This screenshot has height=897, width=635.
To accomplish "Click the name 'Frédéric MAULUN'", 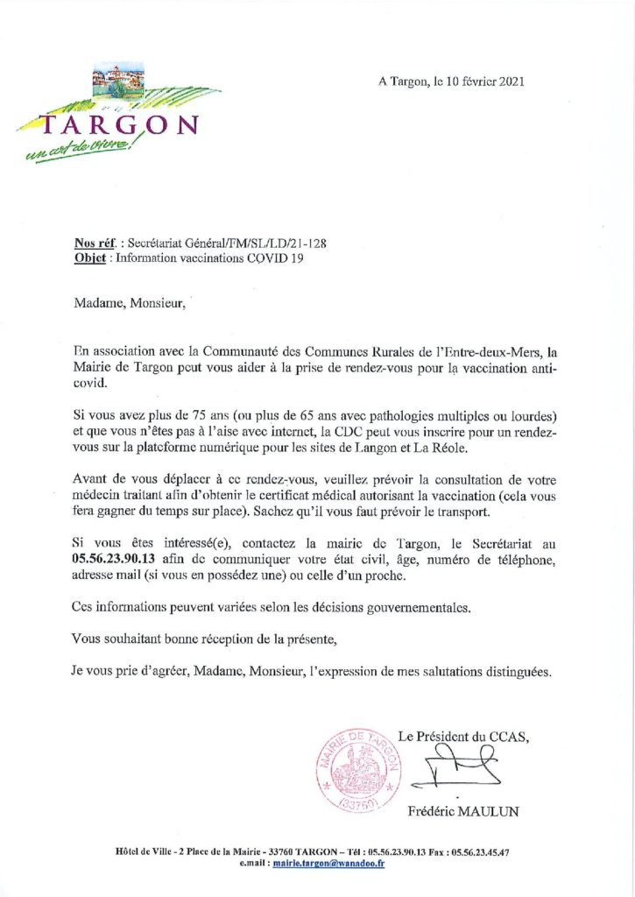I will (x=463, y=812).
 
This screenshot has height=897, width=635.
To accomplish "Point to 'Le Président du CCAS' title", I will (x=463, y=738).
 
